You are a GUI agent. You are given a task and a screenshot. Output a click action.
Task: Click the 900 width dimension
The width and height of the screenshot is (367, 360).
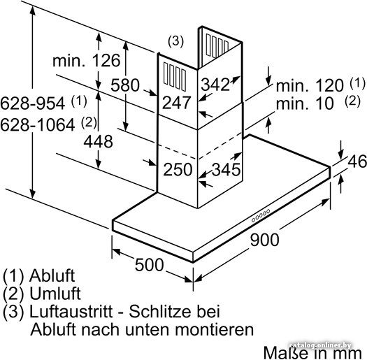click(264, 240)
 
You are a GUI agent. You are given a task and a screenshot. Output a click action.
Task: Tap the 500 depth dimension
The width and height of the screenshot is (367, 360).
click(150, 265)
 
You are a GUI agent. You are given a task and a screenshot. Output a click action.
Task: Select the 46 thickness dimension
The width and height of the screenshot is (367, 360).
click(357, 161)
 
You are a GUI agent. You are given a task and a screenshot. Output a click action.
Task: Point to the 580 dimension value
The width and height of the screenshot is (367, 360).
click(125, 85)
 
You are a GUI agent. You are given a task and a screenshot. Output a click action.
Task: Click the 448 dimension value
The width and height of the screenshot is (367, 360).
click(99, 141)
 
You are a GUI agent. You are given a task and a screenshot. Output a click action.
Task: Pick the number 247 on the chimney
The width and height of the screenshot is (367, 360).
click(176, 103)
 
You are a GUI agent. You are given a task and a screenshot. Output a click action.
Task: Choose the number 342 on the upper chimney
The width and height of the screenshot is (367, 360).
click(215, 85)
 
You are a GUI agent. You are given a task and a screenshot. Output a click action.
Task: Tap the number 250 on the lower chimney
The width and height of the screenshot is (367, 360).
click(178, 169)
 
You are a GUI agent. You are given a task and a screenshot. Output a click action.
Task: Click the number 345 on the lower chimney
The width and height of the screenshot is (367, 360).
click(226, 169)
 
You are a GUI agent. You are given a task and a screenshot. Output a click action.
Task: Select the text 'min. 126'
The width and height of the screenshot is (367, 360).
click(87, 60)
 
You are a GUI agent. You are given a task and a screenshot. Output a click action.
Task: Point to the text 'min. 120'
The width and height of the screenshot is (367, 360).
click(310, 85)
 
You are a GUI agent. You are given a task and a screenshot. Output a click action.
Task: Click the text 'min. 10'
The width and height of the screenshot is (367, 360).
click(305, 103)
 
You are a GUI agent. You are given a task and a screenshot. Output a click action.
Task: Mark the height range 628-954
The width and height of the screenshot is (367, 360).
click(33, 103)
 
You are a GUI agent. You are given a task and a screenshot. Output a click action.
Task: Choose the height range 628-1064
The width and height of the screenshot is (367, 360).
click(38, 124)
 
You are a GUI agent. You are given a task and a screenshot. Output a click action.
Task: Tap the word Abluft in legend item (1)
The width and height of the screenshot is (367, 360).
click(52, 275)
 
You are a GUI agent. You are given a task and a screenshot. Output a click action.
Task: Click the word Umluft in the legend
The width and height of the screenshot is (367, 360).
click(55, 294)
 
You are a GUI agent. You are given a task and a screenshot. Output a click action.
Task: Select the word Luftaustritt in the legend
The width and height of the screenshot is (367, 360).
click(71, 311)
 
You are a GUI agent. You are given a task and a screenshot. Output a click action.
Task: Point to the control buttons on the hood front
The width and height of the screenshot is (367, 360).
click(261, 215)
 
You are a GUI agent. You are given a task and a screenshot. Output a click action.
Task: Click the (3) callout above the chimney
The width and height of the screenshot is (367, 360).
click(175, 41)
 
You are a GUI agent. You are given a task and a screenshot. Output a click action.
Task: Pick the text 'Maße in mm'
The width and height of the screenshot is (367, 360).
click(312, 352)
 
